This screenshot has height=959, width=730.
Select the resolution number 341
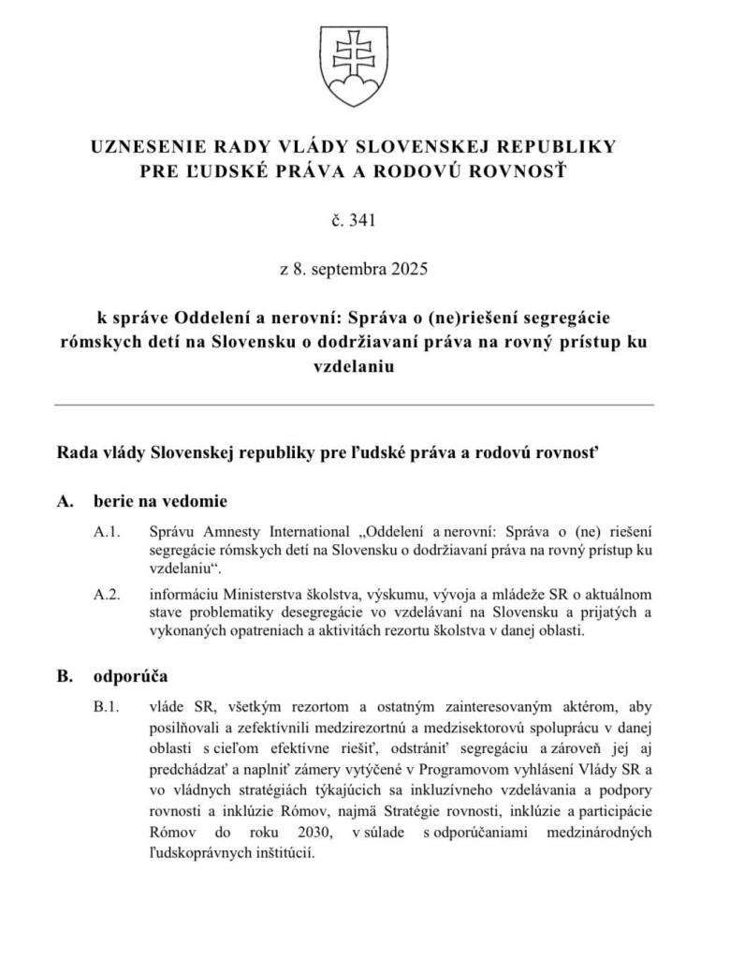click(x=361, y=221)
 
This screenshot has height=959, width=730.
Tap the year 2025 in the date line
click(x=409, y=270)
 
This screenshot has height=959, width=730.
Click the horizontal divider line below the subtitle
click(x=354, y=405)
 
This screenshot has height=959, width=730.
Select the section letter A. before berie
click(x=65, y=500)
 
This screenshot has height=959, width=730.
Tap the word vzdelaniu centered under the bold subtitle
click(x=353, y=367)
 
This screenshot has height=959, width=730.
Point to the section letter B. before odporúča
click(x=65, y=675)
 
